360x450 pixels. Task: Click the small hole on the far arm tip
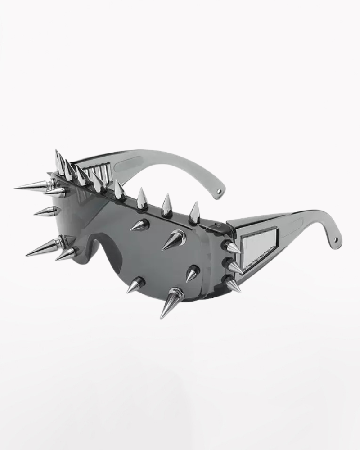pyautogui.click(x=219, y=191)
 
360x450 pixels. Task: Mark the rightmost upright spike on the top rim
pyautogui.click(x=194, y=214)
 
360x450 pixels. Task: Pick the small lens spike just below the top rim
pyautogui.click(x=140, y=225)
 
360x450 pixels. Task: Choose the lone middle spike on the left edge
pyautogui.click(x=48, y=211)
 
